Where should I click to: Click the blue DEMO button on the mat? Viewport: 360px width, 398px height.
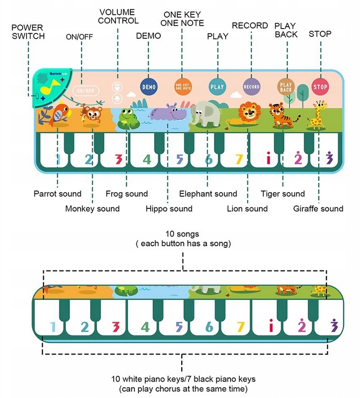pyautogui.click(x=149, y=87)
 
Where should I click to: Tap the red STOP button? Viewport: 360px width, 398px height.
pyautogui.click(x=320, y=87)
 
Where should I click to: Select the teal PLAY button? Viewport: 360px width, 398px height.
pyautogui.click(x=217, y=87)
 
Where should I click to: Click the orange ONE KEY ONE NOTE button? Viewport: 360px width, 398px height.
pyautogui.click(x=183, y=87)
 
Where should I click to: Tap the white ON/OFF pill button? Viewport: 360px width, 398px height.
pyautogui.click(x=86, y=91)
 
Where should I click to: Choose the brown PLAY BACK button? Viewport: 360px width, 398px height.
pyautogui.click(x=286, y=87)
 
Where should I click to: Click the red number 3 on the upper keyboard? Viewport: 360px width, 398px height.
pyautogui.click(x=118, y=159)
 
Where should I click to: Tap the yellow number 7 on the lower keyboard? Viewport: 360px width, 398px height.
pyautogui.click(x=240, y=327)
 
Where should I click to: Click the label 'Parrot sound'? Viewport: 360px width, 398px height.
pyautogui.click(x=57, y=194)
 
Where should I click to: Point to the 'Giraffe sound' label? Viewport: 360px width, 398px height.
pyautogui.click(x=318, y=208)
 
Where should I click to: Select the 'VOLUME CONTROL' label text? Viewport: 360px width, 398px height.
pyautogui.click(x=118, y=16)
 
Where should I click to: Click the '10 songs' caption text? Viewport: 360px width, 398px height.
pyautogui.click(x=182, y=233)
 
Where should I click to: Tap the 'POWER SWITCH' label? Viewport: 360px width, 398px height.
pyautogui.click(x=28, y=32)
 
